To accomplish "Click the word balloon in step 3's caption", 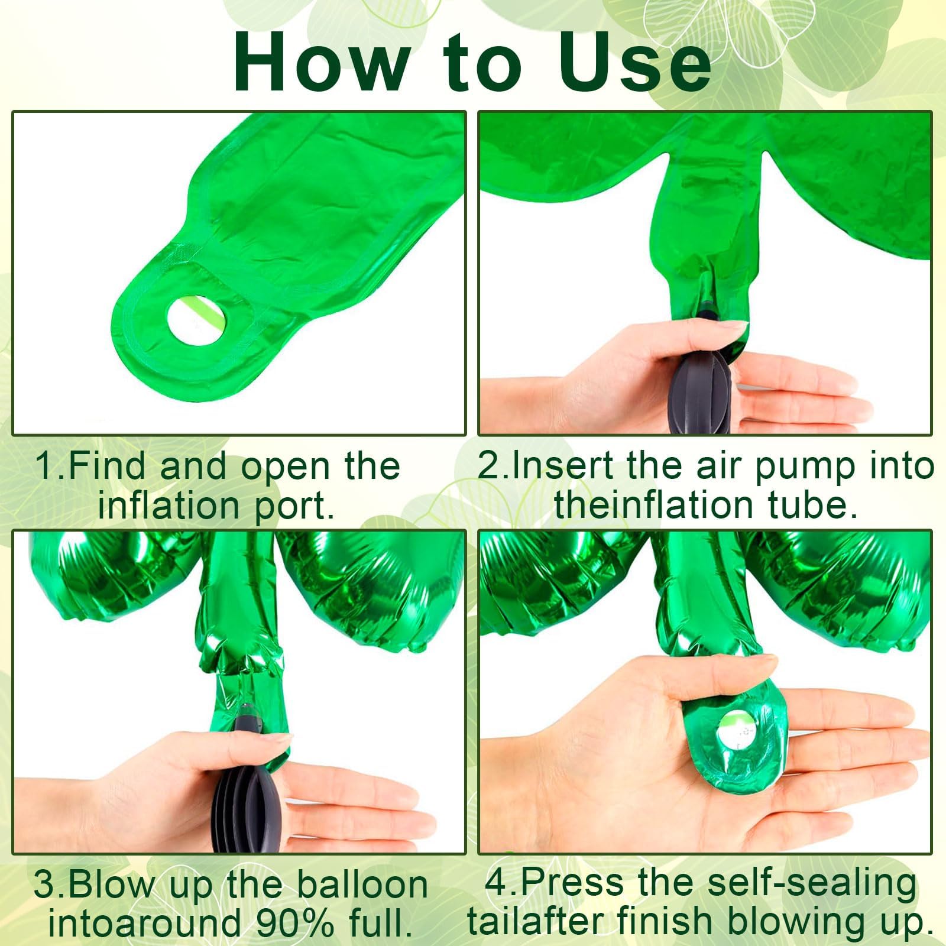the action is (x=362, y=885).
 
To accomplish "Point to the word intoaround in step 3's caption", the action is (x=145, y=923).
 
